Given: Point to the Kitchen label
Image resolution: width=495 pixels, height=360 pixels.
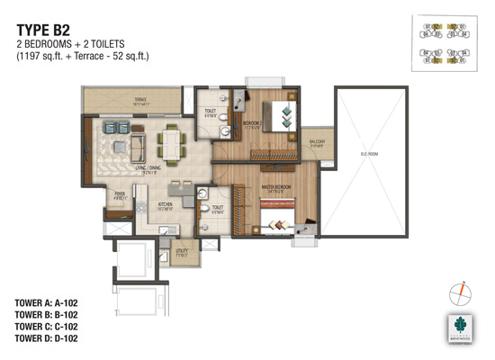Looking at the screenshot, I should (165, 205).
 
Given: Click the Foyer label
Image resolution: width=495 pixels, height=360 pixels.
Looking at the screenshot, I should (119, 194).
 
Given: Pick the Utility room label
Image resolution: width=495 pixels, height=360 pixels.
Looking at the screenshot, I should (182, 252).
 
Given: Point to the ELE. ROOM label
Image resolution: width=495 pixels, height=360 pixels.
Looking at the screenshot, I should (368, 154).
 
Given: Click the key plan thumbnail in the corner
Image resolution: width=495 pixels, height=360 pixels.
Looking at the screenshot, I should (445, 44).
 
